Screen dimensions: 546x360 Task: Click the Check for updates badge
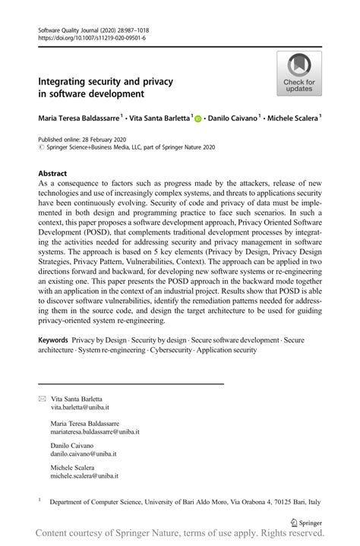coord(298,74)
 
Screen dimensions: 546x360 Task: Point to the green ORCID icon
coord(200,119)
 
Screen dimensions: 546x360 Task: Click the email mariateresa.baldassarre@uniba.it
coord(94,431)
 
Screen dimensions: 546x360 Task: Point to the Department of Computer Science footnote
coord(186,502)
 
